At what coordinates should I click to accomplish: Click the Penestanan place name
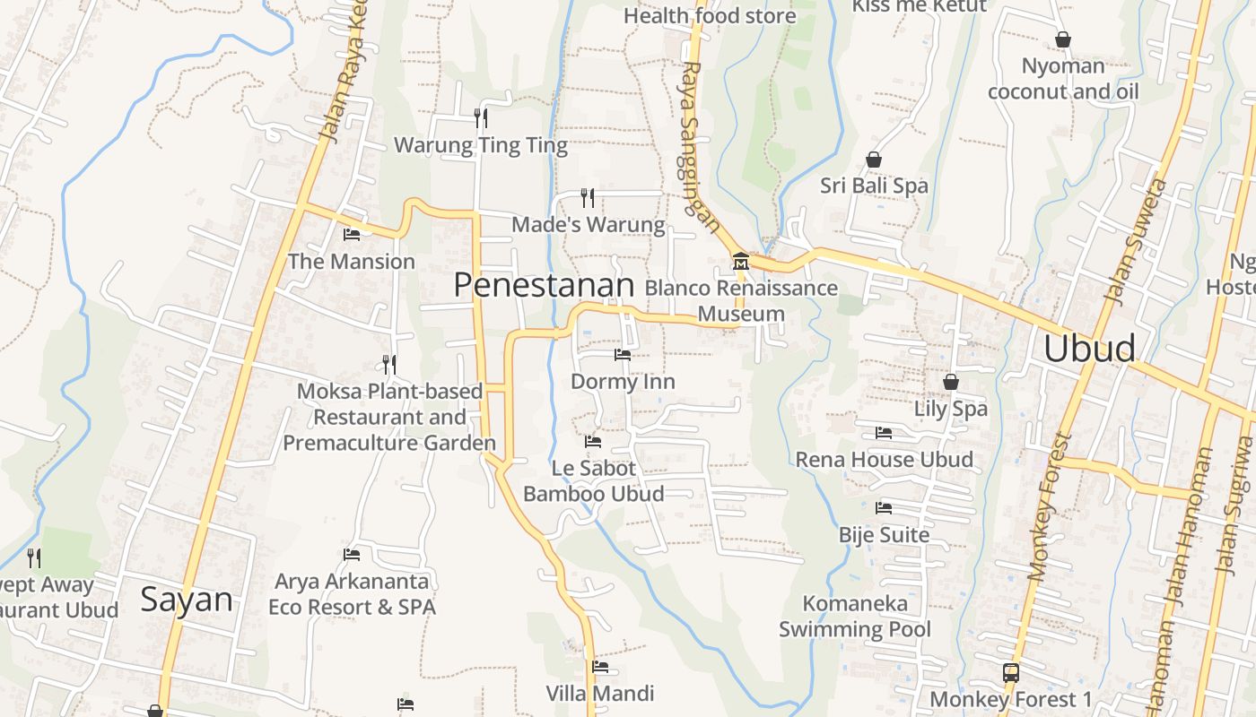[x=544, y=285]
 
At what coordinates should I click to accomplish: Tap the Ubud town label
[x=1089, y=348]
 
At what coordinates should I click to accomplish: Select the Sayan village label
[x=186, y=600]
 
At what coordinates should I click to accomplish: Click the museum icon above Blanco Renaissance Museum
[x=741, y=262]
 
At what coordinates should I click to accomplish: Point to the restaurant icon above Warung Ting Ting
[x=481, y=117]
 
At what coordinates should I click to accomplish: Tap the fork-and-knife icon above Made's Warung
[x=588, y=197]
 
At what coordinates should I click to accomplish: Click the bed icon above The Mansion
[x=352, y=235]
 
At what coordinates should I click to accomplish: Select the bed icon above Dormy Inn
[x=622, y=355]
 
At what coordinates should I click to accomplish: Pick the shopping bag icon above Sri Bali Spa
[x=874, y=160]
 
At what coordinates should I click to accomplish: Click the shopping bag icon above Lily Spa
[x=951, y=382]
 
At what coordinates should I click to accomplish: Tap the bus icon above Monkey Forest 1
[x=1010, y=672]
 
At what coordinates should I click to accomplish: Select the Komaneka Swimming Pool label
[x=855, y=617]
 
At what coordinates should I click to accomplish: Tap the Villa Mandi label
[x=600, y=693]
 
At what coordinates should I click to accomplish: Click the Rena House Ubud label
[x=884, y=460]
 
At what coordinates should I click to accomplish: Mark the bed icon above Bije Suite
[x=884, y=508]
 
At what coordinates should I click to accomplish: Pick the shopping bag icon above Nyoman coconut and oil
[x=1063, y=39]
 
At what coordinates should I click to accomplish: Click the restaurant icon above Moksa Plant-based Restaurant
[x=389, y=364]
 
